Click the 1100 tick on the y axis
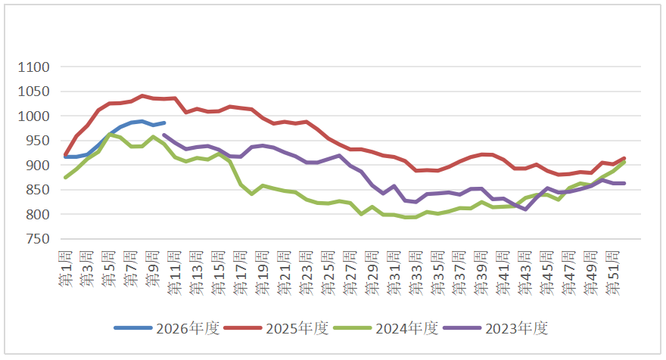[33, 67]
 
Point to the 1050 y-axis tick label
[33, 92]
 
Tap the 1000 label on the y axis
[33, 116]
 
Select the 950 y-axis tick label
[36, 141]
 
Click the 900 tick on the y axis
[36, 166]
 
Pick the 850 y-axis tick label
[36, 190]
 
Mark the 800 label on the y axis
[36, 215]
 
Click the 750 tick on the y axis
[36, 239]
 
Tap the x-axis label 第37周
[460, 262]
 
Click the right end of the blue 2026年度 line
[164, 123]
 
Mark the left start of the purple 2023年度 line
[164, 135]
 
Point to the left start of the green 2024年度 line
[66, 178]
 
